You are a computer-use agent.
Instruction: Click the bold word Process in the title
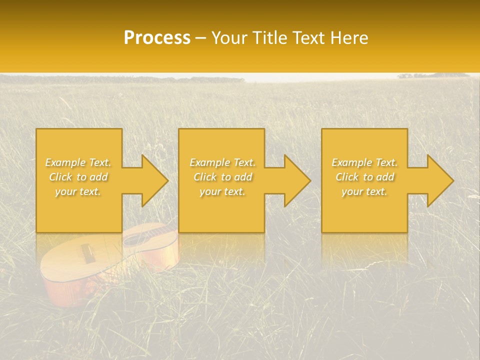point(157,38)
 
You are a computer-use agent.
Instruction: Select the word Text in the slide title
point(309,38)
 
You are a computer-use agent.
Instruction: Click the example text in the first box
point(78,177)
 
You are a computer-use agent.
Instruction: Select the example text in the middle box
point(222,177)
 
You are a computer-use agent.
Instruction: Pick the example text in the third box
point(364,177)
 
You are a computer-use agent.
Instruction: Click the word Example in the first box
point(65,162)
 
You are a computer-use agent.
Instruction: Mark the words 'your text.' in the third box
point(364,191)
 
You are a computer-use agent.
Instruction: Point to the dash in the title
point(201,38)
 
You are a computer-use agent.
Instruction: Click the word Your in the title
point(228,38)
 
